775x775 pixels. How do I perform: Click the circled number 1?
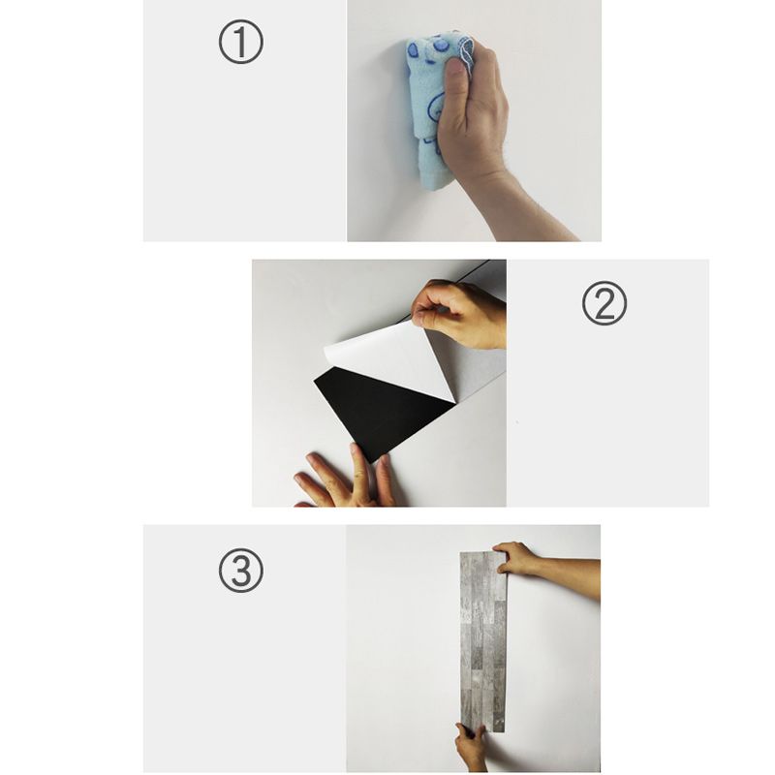tap(240, 42)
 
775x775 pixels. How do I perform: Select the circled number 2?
tap(604, 303)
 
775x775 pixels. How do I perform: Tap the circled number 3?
tap(240, 571)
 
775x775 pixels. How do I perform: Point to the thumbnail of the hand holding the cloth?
tap(474, 120)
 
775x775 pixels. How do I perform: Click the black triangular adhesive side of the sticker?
tap(381, 408)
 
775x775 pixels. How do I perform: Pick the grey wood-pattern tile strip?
tap(483, 641)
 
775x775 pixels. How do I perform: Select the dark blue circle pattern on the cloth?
tap(441, 46)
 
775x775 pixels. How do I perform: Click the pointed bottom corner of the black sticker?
tap(373, 463)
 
